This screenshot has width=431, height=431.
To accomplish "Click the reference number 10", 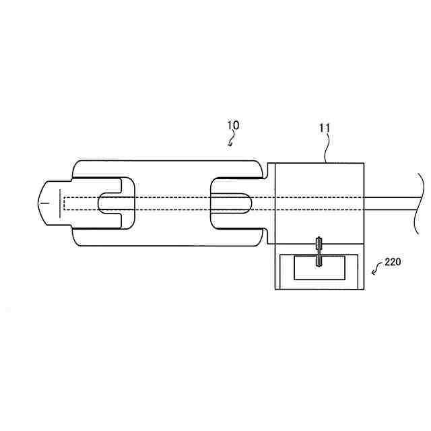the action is [x=233, y=125].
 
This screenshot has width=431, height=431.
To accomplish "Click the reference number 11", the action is [x=324, y=127].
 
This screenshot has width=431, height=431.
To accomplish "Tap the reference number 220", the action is [x=393, y=263].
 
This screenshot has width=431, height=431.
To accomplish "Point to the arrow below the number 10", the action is [x=232, y=141].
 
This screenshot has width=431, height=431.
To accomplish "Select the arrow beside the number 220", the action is [x=375, y=271].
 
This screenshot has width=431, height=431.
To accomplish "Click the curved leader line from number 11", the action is [x=327, y=148].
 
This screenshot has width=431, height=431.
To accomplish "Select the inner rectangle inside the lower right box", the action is [x=319, y=269].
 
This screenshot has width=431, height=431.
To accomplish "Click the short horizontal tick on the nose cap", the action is [x=44, y=202].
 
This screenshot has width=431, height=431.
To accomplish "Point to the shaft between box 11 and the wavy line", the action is [x=391, y=202].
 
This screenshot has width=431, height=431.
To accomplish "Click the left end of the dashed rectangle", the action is [x=63, y=202].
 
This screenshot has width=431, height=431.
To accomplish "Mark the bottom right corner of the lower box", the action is [x=364, y=289].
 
